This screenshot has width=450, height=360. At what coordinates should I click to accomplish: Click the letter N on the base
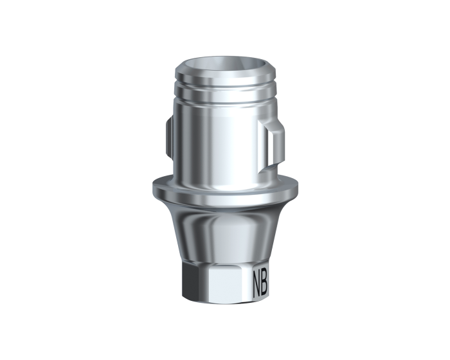(256, 282)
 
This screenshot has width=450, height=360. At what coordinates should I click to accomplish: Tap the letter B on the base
(264, 282)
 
